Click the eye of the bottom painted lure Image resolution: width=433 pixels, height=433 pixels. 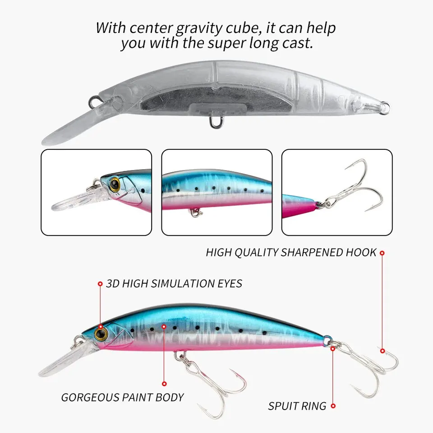click(101, 334)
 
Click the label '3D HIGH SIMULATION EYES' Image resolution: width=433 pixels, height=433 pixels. click(174, 284)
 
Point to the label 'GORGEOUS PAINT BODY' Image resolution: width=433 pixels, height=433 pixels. click(122, 397)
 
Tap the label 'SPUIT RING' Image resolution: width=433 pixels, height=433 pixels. click(297, 406)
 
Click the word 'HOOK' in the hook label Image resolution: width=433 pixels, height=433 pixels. click(361, 253)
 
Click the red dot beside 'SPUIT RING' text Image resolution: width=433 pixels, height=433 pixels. click(333, 406)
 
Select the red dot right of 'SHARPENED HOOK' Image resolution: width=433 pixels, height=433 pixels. click(382, 253)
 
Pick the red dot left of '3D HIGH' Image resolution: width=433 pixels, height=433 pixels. click(100, 284)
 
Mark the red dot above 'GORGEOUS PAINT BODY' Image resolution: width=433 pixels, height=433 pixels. click(164, 383)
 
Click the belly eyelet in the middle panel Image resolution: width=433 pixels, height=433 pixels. click(195, 212)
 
